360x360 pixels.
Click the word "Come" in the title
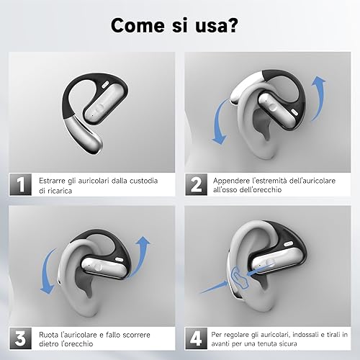tap(138, 25)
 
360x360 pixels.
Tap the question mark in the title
tap(232, 24)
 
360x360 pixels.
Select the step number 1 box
tap(20, 184)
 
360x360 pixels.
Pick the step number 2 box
tap(196, 184)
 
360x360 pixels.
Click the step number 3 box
tap(20, 338)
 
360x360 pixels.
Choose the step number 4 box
tap(196, 338)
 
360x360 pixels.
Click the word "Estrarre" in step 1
tap(52, 181)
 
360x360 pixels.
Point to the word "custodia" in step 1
tap(143, 181)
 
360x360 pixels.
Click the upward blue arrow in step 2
tap(320, 98)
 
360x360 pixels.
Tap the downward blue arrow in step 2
tap(220, 122)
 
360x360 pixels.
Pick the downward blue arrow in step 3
tap(48, 271)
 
